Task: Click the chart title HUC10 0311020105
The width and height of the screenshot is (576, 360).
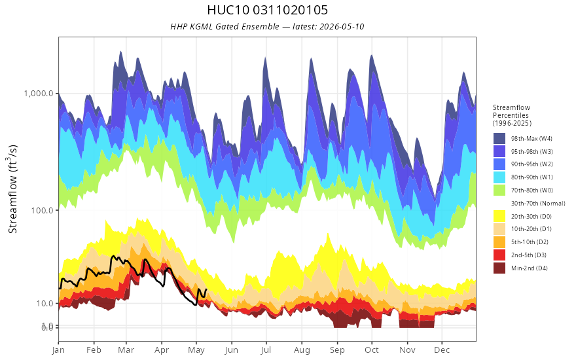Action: click(x=268, y=10)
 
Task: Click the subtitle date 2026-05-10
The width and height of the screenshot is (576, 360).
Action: click(x=342, y=26)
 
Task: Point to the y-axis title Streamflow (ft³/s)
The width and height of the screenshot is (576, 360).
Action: click(x=12, y=189)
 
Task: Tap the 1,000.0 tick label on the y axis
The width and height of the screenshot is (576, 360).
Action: click(x=39, y=94)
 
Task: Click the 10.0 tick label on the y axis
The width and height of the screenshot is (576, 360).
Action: click(x=45, y=304)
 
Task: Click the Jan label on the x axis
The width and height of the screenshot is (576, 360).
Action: click(x=58, y=350)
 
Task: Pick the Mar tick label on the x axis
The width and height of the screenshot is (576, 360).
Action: click(x=126, y=350)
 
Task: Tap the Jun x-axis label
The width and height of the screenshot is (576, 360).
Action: click(x=232, y=350)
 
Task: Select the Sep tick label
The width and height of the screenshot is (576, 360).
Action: click(x=337, y=350)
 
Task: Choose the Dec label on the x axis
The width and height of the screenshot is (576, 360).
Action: click(x=442, y=350)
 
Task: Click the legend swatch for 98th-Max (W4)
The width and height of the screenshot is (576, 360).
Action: click(x=499, y=139)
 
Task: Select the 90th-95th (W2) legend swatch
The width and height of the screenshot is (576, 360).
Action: click(x=499, y=164)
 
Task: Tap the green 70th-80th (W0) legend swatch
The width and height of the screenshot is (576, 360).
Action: click(x=499, y=190)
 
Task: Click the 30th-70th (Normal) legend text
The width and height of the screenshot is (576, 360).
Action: click(x=538, y=203)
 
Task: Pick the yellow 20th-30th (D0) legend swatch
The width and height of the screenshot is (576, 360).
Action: click(x=499, y=216)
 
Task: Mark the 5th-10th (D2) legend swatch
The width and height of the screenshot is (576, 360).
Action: click(x=499, y=242)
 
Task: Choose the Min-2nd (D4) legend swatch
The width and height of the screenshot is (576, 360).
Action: click(x=499, y=268)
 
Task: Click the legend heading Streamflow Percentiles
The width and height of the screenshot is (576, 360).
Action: click(x=512, y=111)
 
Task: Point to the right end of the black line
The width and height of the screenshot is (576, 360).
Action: click(x=206, y=289)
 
